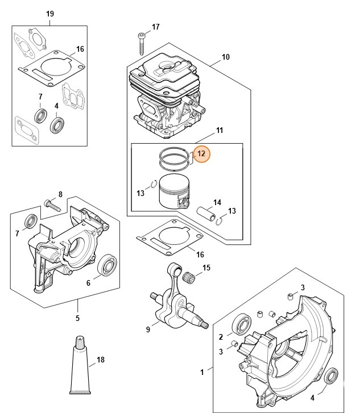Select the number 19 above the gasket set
(49, 14)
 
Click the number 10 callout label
(225, 57)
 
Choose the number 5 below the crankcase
(77, 318)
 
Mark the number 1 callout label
(201, 372)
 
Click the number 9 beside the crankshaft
(148, 328)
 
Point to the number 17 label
(155, 27)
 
